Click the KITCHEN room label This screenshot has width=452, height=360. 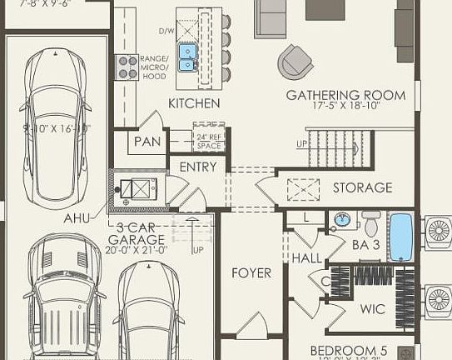(194, 103)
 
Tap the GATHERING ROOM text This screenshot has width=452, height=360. (345, 95)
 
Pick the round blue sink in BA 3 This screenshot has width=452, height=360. (341, 222)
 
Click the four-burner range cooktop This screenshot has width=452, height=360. (127, 66)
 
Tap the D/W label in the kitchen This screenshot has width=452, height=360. (166, 32)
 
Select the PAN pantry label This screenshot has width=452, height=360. (147, 142)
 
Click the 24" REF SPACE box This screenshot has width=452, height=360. (209, 139)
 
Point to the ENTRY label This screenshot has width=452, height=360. (198, 167)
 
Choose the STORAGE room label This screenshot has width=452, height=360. (362, 187)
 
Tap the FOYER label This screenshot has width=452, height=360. (251, 272)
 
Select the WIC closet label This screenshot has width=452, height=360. (372, 309)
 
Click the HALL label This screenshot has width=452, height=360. (306, 259)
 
